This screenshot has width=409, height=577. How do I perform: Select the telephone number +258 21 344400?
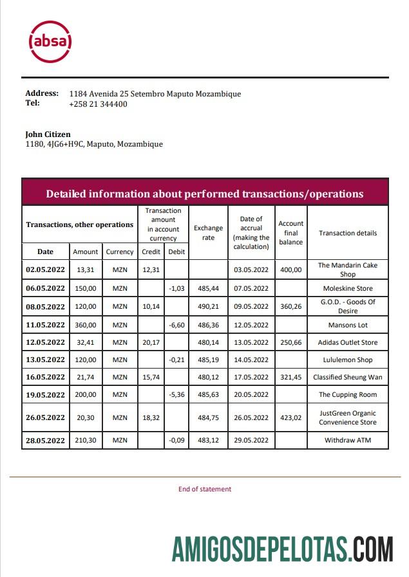coord(98,104)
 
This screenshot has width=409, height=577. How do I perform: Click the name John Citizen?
coord(48,134)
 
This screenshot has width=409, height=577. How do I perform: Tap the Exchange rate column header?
coord(208,233)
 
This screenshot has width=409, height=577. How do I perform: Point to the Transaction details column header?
coord(348,233)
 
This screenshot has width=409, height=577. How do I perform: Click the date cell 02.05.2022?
coord(45,270)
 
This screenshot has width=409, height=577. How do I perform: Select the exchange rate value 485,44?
coord(208,288)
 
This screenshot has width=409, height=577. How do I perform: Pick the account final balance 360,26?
coord(291,306)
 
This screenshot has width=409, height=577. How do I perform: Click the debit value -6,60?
coord(176,325)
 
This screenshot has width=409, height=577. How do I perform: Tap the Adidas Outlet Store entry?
coord(348,342)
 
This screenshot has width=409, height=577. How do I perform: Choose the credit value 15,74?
coord(151,377)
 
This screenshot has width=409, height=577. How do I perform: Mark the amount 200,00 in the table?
coord(86,394)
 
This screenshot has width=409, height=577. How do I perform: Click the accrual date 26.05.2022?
coord(251,417)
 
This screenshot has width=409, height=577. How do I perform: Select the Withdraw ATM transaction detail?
coord(348,440)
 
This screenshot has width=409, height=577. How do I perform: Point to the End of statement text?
coord(204,489)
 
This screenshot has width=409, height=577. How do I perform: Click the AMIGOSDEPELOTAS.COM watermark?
coord(282,549)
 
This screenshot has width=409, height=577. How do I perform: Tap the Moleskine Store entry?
coord(348,288)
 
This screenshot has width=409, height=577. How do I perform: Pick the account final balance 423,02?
coord(291,417)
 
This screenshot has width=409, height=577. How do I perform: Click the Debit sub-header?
coord(176,252)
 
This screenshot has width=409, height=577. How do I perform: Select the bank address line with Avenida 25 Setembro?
coord(155,94)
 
